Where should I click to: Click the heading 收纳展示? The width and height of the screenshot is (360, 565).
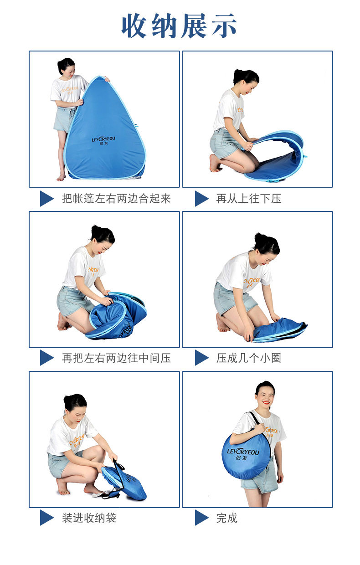[x=179, y=26]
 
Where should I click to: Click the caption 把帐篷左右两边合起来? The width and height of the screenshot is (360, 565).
[x=116, y=199]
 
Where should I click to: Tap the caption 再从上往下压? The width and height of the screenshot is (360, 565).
[x=248, y=199]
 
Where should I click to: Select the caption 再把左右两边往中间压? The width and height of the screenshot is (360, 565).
[x=116, y=358]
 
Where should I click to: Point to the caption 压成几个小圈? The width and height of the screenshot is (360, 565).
[x=248, y=358]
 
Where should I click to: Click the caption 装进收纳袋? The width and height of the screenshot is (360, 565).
[x=89, y=518]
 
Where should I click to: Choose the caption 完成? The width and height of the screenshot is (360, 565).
[x=227, y=518]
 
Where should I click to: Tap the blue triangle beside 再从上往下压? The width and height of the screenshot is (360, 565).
[x=201, y=199]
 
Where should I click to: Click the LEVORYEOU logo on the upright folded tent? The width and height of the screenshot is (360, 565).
[x=103, y=140]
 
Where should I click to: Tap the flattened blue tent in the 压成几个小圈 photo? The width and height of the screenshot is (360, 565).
[x=279, y=330]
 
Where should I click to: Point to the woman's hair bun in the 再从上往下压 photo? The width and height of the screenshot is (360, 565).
[x=237, y=75]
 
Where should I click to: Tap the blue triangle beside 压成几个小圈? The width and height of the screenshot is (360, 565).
[x=201, y=358]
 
